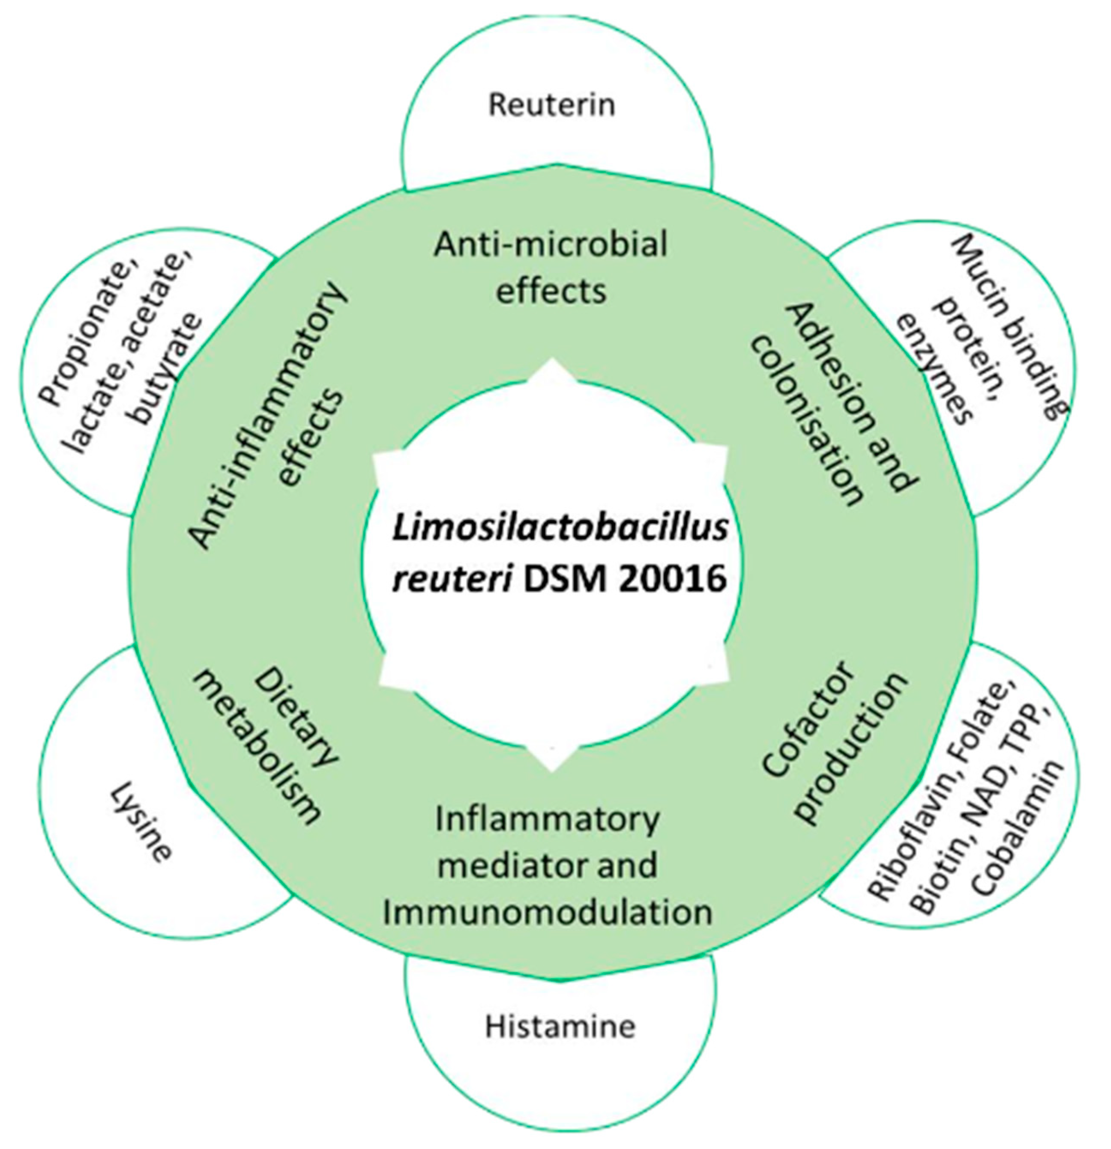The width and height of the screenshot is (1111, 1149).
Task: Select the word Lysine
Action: pos(141,824)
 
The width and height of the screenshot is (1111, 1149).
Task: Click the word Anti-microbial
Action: pos(550,244)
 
